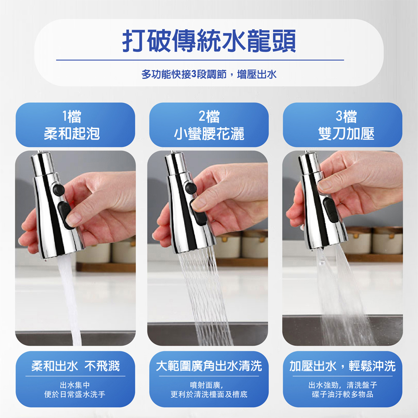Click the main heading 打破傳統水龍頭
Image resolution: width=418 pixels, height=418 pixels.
pyautogui.click(x=209, y=41)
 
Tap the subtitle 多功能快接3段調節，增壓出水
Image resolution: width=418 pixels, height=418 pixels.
pyautogui.click(x=209, y=74)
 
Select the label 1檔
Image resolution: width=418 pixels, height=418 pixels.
pyautogui.click(x=72, y=117)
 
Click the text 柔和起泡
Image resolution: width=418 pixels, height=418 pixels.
pyautogui.click(x=72, y=134)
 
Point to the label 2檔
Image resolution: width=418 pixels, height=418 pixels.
pyautogui.click(x=209, y=117)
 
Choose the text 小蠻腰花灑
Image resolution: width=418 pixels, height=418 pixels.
pyautogui.click(x=209, y=134)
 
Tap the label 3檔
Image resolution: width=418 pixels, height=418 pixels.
pyautogui.click(x=346, y=117)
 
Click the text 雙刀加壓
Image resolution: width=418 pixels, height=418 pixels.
pyautogui.click(x=346, y=134)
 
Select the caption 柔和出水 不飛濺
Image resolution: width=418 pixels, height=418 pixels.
pyautogui.click(x=75, y=366)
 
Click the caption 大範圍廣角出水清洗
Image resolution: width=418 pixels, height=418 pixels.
pyautogui.click(x=209, y=366)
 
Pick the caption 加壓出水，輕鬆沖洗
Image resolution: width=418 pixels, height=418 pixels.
pyautogui.click(x=343, y=366)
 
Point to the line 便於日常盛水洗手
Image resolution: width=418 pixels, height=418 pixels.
pyautogui.click(x=75, y=394)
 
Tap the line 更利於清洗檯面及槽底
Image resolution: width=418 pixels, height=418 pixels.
pyautogui.click(x=209, y=394)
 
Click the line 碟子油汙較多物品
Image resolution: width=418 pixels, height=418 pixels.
pyautogui.click(x=343, y=394)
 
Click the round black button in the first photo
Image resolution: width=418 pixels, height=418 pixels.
pyautogui.click(x=59, y=189)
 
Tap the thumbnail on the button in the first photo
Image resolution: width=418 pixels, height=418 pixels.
pyautogui.click(x=74, y=219)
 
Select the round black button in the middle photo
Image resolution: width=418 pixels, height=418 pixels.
pyautogui.click(x=191, y=188)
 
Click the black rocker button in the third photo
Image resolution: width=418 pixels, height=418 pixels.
pyautogui.click(x=331, y=209)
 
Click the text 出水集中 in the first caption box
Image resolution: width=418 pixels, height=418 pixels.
pyautogui.click(x=75, y=385)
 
